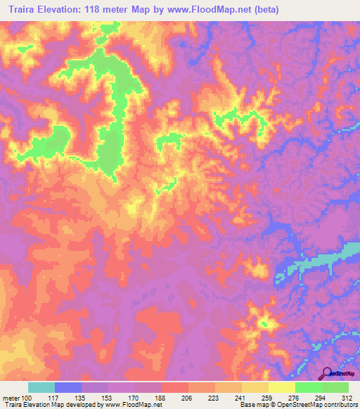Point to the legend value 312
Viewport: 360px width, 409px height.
point(347,397)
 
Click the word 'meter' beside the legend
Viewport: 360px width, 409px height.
point(11,397)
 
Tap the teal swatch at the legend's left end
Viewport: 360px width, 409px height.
point(41,387)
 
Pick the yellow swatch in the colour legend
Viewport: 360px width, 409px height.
point(282,387)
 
